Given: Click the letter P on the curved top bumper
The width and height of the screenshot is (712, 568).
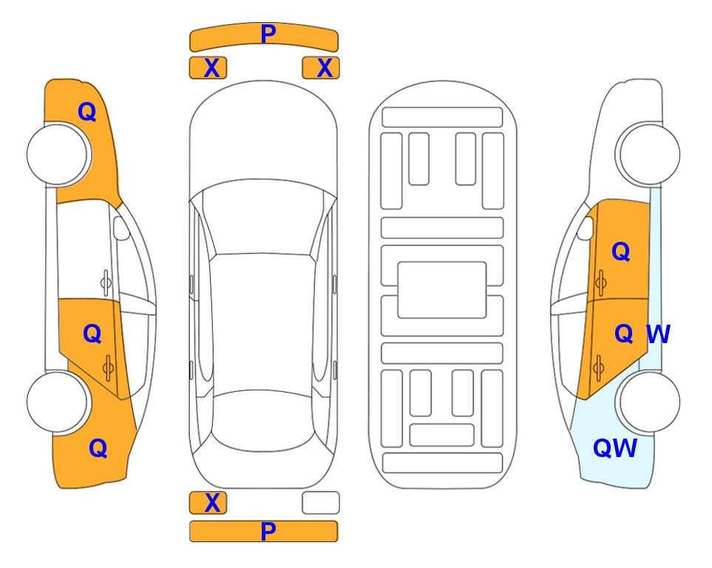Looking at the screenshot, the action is tap(268, 33).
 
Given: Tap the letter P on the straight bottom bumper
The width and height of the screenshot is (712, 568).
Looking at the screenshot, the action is tap(268, 531).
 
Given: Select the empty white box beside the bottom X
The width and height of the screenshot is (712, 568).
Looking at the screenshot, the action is tap(321, 503).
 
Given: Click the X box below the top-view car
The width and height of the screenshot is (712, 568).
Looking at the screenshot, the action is tap(208, 503).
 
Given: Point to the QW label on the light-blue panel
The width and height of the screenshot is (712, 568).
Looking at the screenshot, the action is tap(615, 448).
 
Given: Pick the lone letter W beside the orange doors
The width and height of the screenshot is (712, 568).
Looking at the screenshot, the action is tap(658, 334).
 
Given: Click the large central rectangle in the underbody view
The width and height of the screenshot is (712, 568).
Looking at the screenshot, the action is tap(442, 290).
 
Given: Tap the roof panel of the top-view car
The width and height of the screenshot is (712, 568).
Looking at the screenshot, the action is tap(262, 323).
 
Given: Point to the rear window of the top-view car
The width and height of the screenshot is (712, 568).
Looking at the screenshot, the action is tap(264, 420).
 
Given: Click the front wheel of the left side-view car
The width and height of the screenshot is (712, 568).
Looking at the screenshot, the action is tap(58, 155).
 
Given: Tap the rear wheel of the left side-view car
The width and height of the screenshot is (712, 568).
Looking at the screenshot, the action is tap(58, 402).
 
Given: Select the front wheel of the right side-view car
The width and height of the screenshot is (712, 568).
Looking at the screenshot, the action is tap(648, 154).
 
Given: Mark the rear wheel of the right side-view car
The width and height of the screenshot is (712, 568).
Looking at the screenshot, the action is tap(648, 402).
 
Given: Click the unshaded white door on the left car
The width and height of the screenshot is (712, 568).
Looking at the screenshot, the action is tap(84, 250).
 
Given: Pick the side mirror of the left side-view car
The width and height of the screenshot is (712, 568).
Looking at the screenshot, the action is tap(121, 228).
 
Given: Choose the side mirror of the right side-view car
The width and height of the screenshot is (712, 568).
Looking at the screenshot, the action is tap(586, 228).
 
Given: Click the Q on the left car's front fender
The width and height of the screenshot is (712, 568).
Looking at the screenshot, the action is tap(87, 112).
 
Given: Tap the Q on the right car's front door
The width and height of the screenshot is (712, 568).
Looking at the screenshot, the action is tap(621, 251).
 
